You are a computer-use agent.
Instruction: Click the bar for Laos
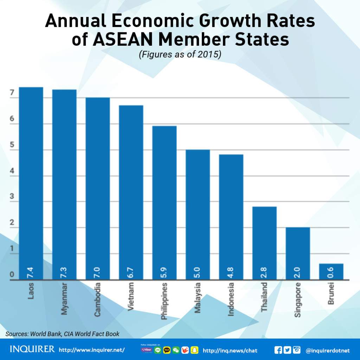tap(31, 183)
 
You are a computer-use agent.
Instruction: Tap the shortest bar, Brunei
tap(331, 271)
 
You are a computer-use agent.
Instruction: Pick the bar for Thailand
tap(264, 243)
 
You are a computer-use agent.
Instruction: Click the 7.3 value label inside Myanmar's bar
tap(64, 272)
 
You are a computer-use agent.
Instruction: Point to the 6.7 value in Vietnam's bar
tap(131, 272)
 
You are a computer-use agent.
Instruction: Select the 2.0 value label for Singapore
tap(298, 272)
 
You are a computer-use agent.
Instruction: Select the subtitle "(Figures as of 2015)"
tap(180, 55)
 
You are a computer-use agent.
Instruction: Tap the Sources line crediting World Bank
tap(63, 334)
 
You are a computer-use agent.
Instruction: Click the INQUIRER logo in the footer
tap(32, 349)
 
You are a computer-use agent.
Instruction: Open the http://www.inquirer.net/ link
tap(92, 350)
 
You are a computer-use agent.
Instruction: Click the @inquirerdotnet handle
tap(328, 351)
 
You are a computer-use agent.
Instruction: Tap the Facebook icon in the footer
tap(278, 350)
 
